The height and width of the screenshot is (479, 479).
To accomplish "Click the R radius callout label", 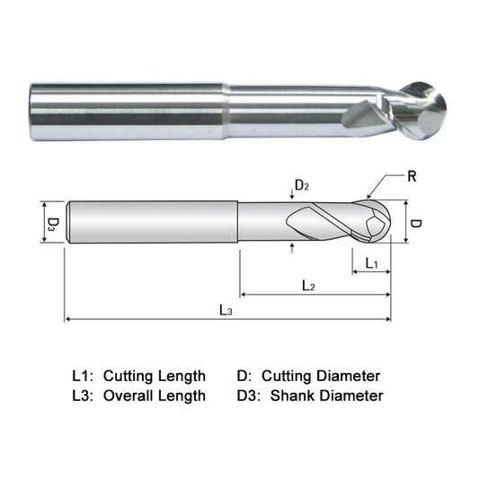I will coord(412,177).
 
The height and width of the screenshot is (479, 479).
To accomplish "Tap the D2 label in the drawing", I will coord(302,186).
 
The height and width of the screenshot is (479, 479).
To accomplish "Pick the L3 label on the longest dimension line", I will coord(226,310).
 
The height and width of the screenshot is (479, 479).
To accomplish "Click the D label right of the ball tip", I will coord(415,221).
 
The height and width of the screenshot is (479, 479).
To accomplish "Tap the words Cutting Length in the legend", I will coord(155,376).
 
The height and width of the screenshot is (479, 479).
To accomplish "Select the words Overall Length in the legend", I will coord(155,395).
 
